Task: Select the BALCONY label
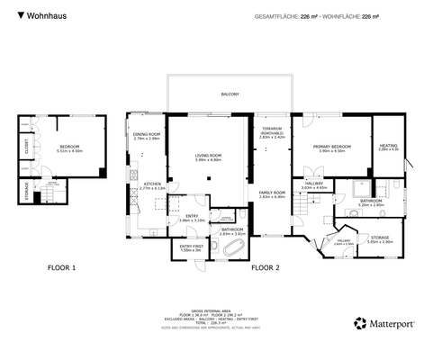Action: pyautogui.click(x=230, y=94)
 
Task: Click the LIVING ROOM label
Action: pyautogui.click(x=208, y=157)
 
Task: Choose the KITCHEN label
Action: pyautogui.click(x=151, y=184)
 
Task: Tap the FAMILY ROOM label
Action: pyautogui.click(x=272, y=193)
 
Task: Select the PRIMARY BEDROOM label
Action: pyautogui.click(x=332, y=147)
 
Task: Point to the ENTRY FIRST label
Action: pyautogui.click(x=190, y=247)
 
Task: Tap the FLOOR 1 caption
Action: pyautogui.click(x=61, y=267)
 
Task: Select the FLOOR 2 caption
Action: pyautogui.click(x=265, y=267)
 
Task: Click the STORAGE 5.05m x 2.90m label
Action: pyautogui.click(x=379, y=238)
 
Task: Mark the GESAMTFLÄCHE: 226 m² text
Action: pyautogui.click(x=285, y=16)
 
